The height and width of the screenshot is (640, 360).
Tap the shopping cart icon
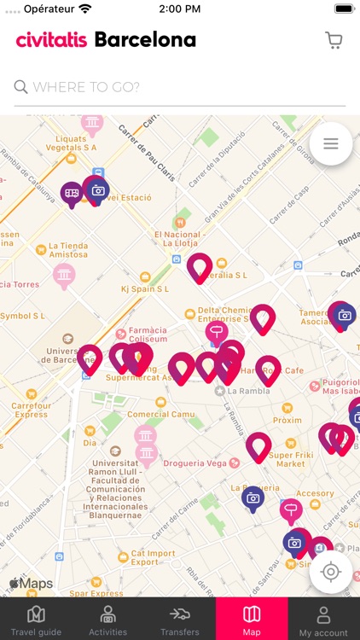pyautogui.click(x=334, y=40)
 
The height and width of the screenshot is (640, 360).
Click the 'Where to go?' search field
pyautogui.click(x=179, y=87)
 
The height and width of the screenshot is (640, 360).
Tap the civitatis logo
pyautogui.click(x=51, y=40)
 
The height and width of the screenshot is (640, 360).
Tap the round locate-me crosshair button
pyautogui.click(x=331, y=571)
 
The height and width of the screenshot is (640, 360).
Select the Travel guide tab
pyautogui.click(x=36, y=620)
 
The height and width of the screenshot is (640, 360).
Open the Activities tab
pyautogui.click(x=107, y=620)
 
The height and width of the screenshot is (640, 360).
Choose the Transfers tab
pyautogui.click(x=179, y=620)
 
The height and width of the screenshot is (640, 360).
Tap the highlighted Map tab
pyautogui.click(x=252, y=620)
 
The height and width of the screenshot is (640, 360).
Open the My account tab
pyautogui.click(x=323, y=620)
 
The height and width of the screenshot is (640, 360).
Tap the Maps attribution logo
pyautogui.click(x=32, y=584)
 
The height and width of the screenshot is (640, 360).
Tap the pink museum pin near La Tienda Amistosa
pyautogui.click(x=64, y=276)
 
